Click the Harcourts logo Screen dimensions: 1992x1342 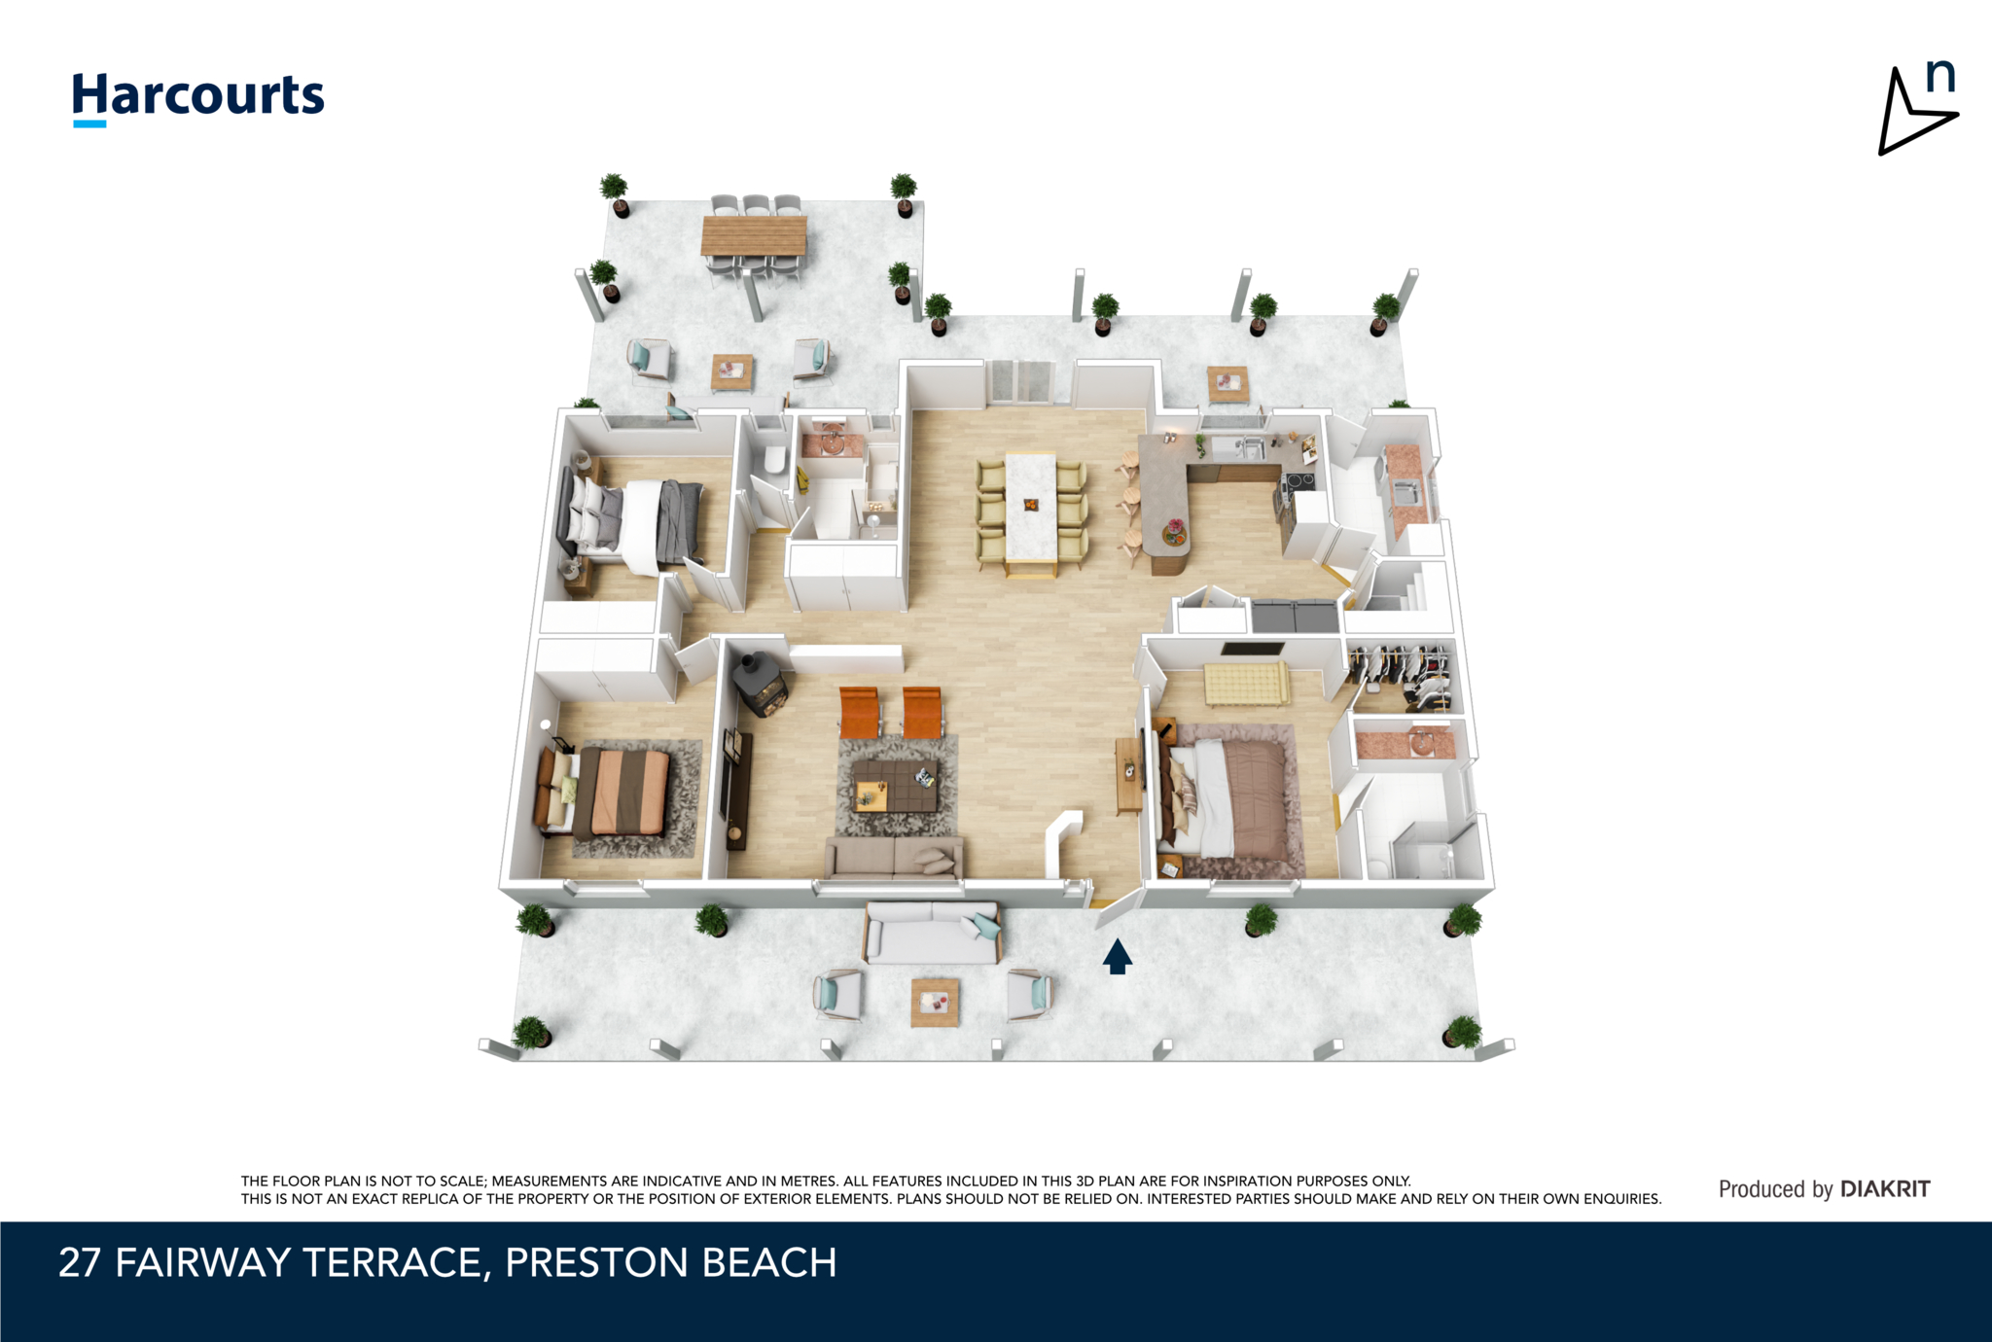[x=198, y=98]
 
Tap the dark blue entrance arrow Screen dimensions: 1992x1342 [x=1118, y=956]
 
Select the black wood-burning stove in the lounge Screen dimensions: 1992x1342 [x=759, y=684]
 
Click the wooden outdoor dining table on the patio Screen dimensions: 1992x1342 [x=754, y=236]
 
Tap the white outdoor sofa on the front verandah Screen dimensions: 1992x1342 [x=932, y=933]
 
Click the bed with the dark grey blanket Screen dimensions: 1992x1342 [x=631, y=525]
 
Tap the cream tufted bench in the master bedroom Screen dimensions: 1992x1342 [x=1246, y=683]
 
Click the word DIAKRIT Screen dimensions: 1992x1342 [x=1885, y=1188]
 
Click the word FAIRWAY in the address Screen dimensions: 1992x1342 [x=203, y=1262]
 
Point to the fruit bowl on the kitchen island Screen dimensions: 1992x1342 [x=1174, y=532]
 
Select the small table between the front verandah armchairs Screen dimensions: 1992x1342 [x=935, y=1002]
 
